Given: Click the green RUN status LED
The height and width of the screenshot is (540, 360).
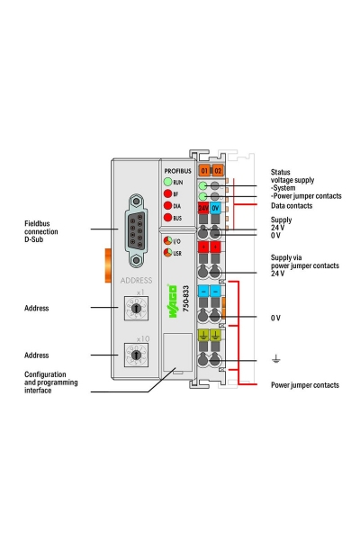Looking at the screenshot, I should pyautogui.click(x=167, y=182).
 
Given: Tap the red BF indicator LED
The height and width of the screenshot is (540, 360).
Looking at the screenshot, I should pyautogui.click(x=167, y=193).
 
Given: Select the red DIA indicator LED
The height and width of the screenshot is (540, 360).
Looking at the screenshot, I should pyautogui.click(x=167, y=206).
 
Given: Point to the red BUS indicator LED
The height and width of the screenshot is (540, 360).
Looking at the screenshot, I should pyautogui.click(x=167, y=218).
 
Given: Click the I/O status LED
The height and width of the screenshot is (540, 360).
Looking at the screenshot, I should pyautogui.click(x=166, y=242).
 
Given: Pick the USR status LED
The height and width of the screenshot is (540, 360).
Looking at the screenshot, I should pyautogui.click(x=166, y=254).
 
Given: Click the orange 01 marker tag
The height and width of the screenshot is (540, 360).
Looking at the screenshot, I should pyautogui.click(x=204, y=170).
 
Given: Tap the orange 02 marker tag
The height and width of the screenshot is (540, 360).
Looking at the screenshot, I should pyautogui.click(x=217, y=170).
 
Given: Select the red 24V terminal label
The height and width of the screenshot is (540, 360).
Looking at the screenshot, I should pyautogui.click(x=204, y=209).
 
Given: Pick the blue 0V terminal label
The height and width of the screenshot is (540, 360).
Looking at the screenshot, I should pyautogui.click(x=217, y=209).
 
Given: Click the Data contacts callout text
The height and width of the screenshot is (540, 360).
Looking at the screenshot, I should pyautogui.click(x=293, y=206).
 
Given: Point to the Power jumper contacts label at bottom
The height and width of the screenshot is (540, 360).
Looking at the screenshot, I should pyautogui.click(x=305, y=384).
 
